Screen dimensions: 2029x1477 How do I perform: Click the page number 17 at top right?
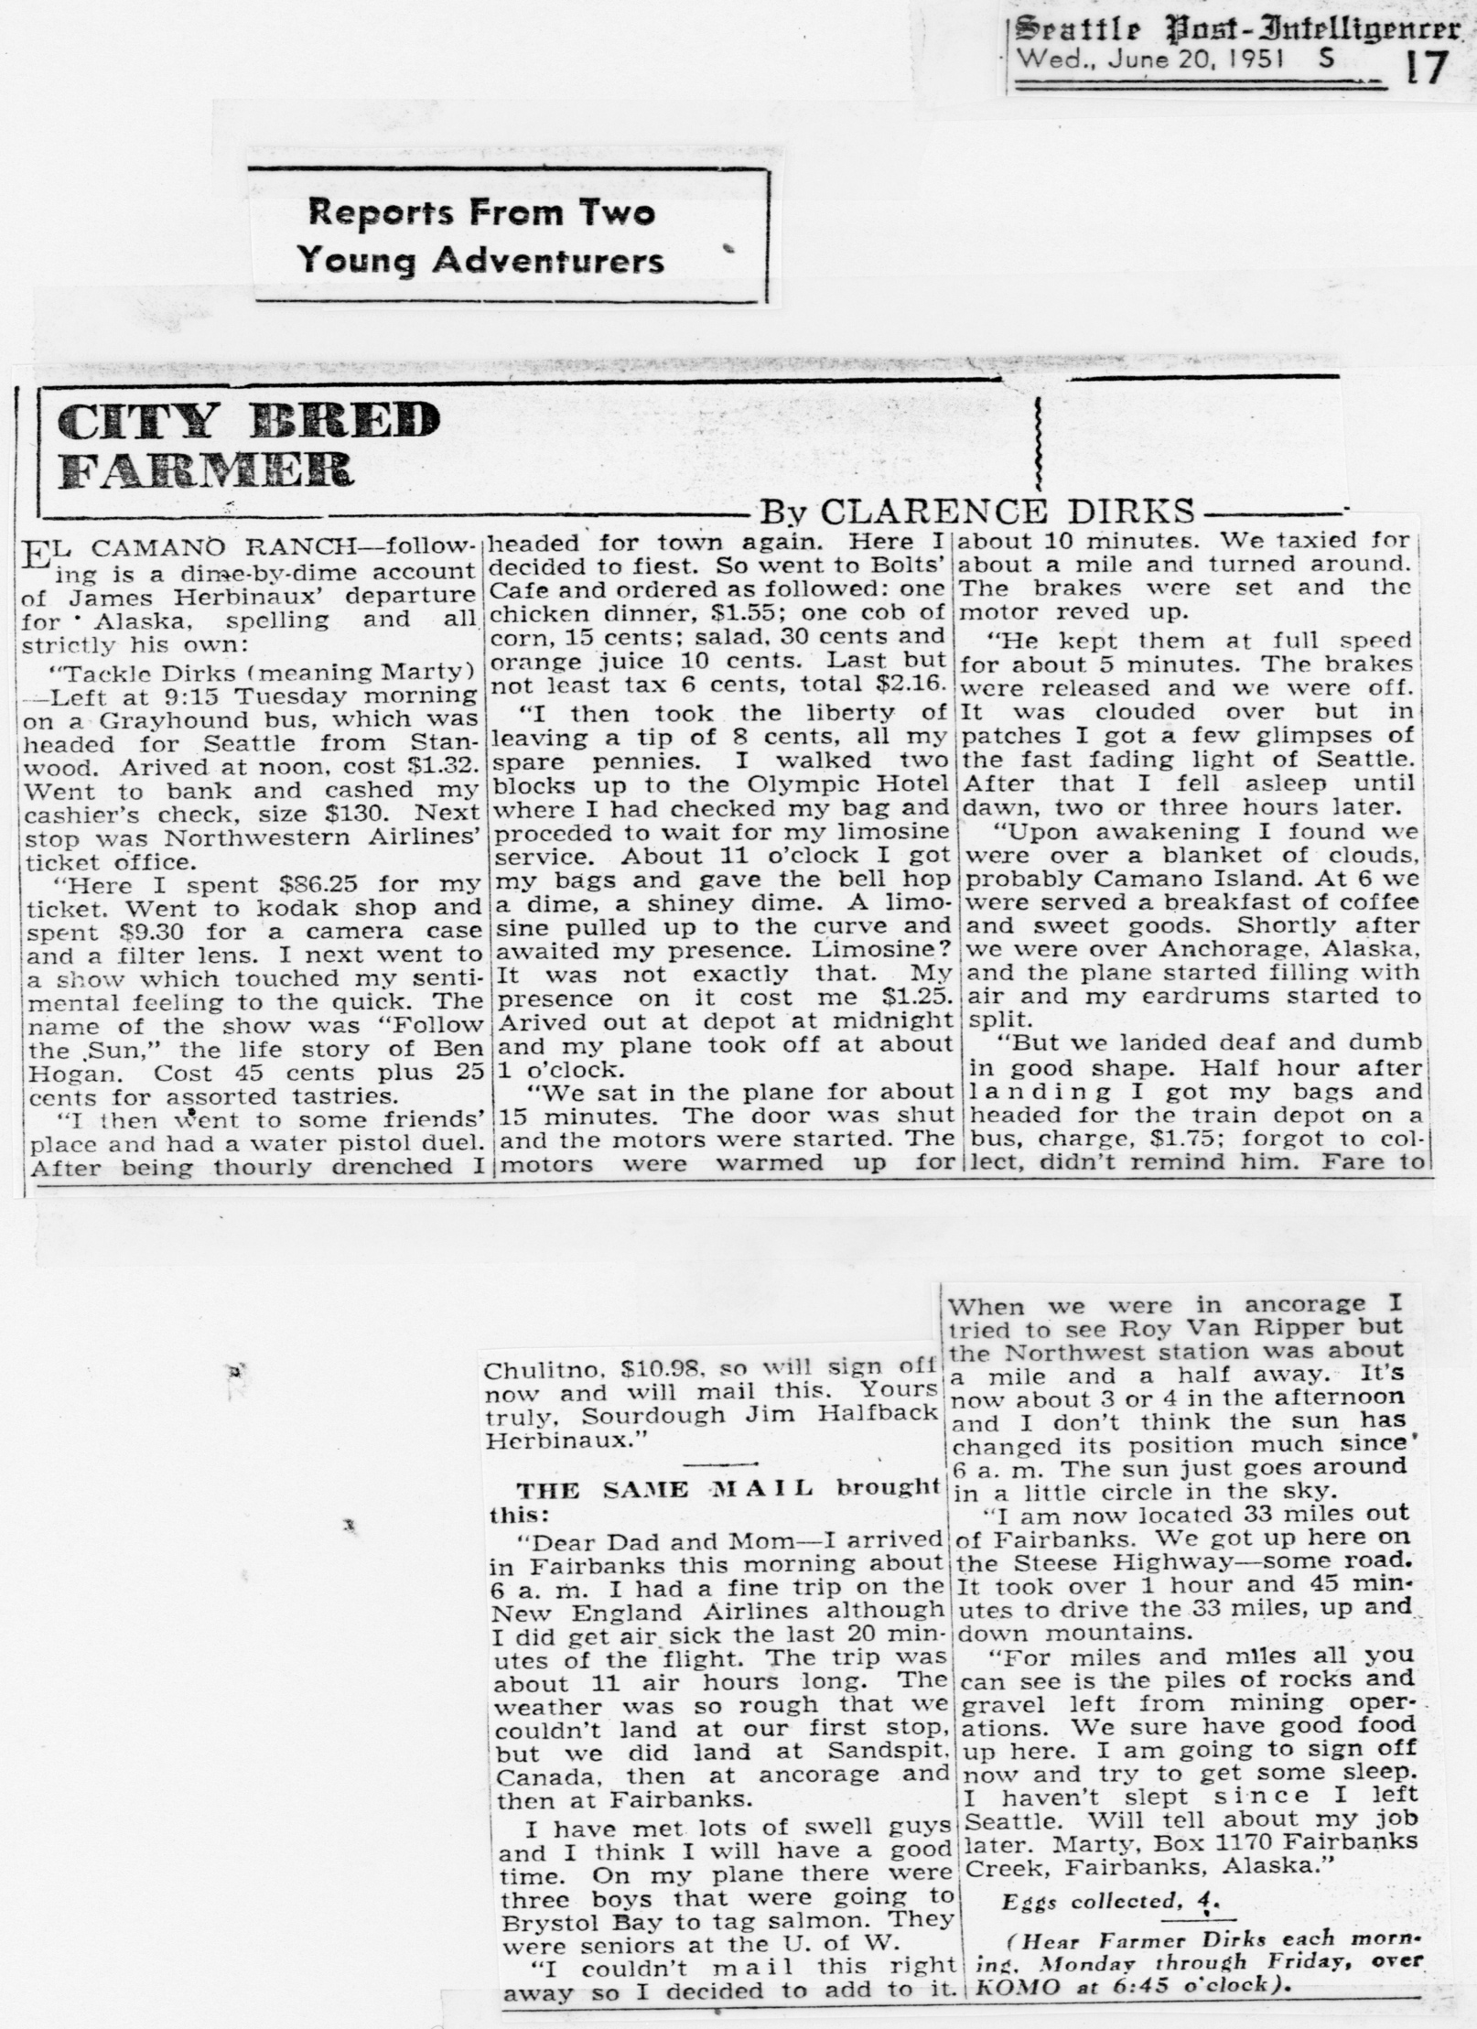pyautogui.click(x=1425, y=67)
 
